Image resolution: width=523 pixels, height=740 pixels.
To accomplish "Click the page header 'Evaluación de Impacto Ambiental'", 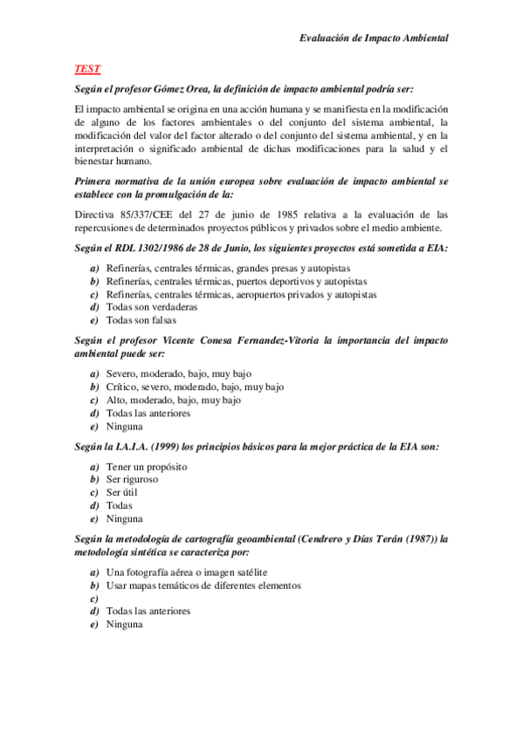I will tap(374, 38).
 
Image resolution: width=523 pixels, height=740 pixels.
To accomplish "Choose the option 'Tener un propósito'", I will tap(147, 466).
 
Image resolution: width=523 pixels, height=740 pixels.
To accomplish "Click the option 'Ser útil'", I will tap(122, 492).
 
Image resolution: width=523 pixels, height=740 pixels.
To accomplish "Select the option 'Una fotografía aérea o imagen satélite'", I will tap(187, 572).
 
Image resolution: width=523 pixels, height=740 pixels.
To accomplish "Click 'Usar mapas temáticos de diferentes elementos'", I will tap(203, 586).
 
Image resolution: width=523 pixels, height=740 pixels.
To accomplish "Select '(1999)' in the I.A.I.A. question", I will tap(158, 447).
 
